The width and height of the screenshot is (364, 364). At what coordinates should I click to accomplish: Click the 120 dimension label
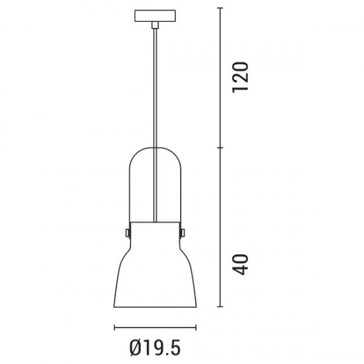(x=240, y=77)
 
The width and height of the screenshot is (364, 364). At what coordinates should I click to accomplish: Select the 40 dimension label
(x=240, y=265)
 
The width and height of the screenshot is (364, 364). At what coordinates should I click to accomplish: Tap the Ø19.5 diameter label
(x=155, y=348)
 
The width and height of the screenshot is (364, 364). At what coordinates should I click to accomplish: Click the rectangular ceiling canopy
(x=155, y=16)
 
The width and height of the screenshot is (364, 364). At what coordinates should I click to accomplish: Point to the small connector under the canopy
(x=155, y=25)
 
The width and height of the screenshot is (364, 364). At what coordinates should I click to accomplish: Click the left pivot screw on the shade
(x=128, y=233)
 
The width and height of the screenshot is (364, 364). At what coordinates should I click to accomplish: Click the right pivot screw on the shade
(x=183, y=233)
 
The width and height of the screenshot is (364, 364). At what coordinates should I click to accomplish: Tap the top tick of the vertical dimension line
(x=220, y=8)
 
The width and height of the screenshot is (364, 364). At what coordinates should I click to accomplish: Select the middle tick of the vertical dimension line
(x=220, y=148)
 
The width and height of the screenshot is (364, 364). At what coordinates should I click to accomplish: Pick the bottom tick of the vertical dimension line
(x=220, y=306)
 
